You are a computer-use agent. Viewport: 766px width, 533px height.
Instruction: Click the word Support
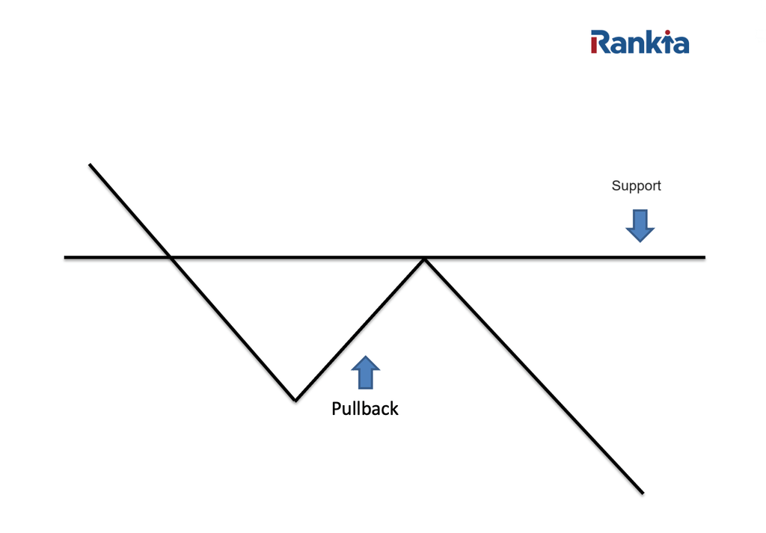(636, 185)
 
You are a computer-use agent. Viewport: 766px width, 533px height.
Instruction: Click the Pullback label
(365, 408)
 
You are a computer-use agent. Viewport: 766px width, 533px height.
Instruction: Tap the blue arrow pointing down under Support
(640, 225)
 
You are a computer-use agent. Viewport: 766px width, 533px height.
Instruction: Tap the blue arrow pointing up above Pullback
(365, 372)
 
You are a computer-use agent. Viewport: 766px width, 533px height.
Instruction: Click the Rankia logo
(640, 42)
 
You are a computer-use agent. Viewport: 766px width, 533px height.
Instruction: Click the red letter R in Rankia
(599, 42)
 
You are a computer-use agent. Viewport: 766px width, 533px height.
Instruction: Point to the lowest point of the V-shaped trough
(295, 399)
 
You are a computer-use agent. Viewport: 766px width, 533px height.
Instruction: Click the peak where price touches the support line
(425, 259)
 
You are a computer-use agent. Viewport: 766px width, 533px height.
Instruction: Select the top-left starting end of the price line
(91, 164)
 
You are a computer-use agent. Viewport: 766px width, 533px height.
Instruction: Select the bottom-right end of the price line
(641, 492)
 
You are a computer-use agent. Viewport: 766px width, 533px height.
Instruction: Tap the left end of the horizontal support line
(66, 257)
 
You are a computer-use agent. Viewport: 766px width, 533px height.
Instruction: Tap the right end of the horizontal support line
(703, 257)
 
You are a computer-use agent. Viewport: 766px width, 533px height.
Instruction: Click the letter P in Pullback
(337, 408)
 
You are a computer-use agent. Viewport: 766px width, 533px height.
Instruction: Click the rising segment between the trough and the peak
(359, 329)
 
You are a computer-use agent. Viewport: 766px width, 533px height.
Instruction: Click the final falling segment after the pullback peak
(531, 374)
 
